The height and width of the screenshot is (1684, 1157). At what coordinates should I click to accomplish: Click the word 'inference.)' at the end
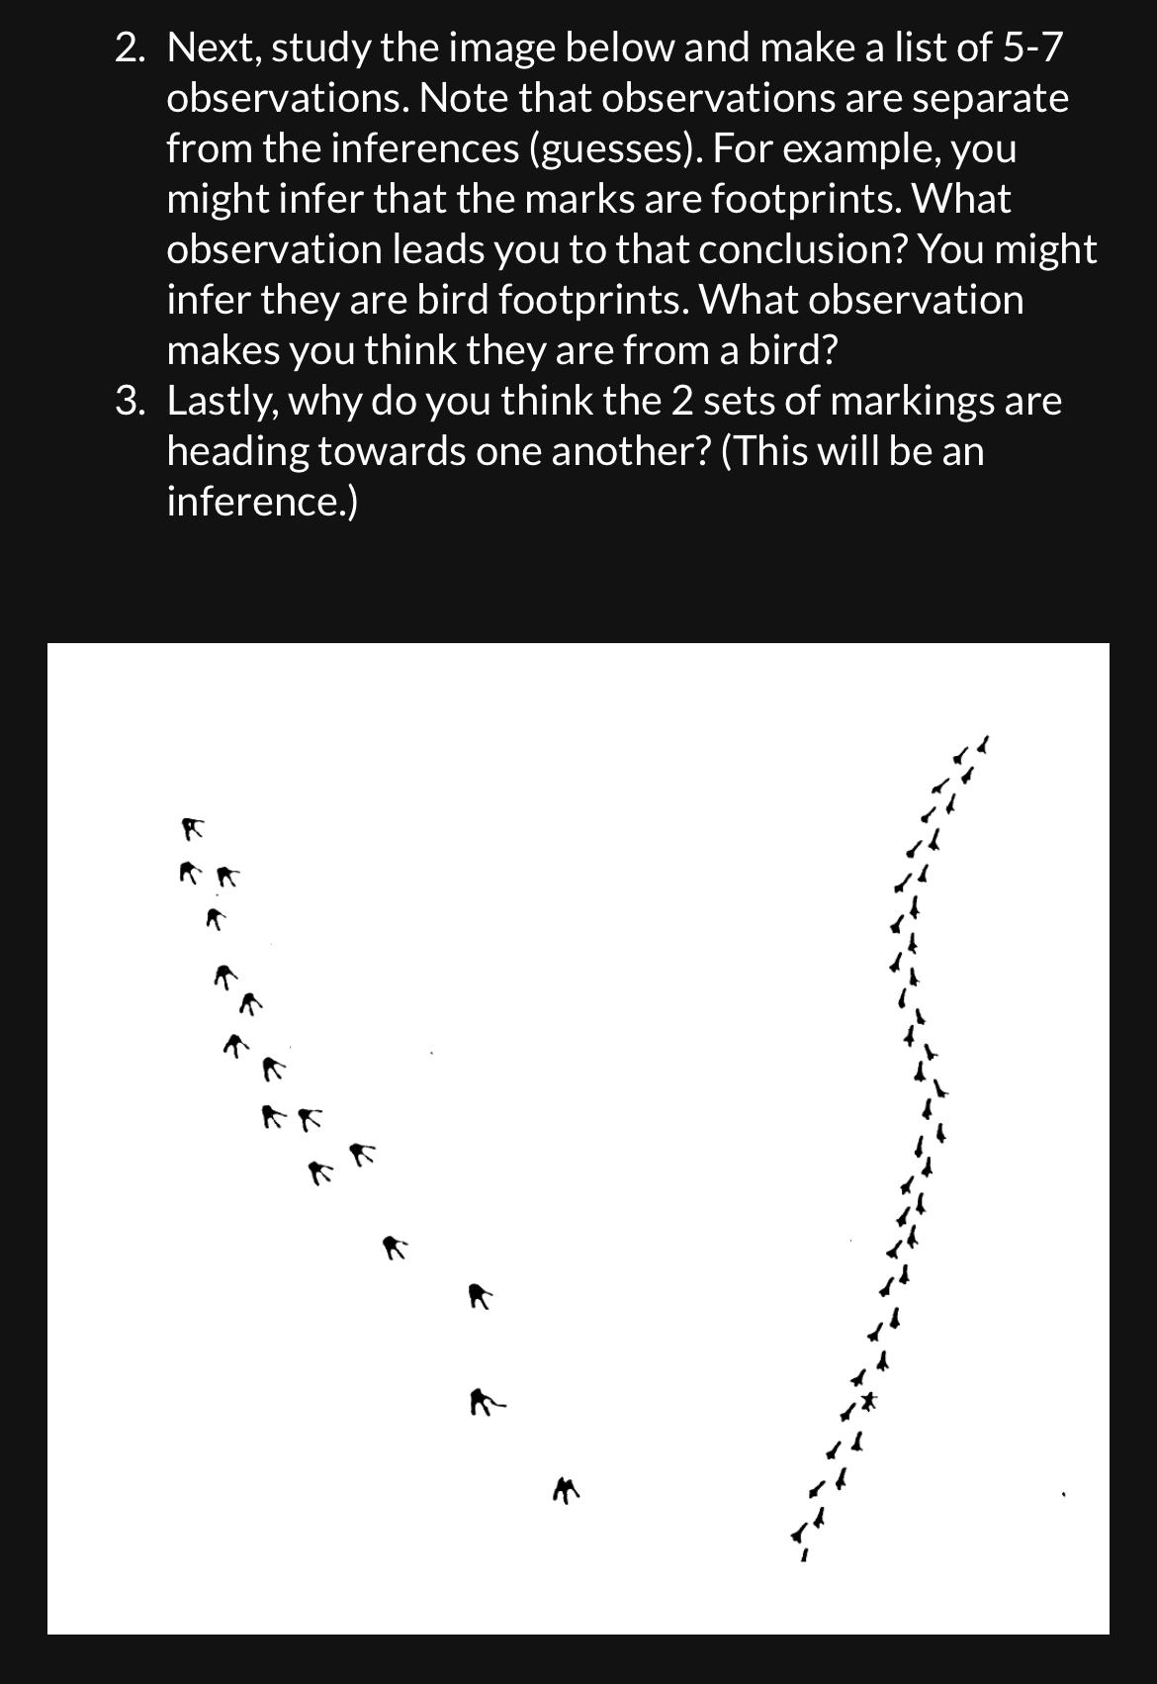(262, 503)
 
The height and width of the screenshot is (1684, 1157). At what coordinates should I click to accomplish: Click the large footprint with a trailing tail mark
(486, 1401)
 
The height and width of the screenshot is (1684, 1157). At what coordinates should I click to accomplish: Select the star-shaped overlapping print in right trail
(868, 1401)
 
